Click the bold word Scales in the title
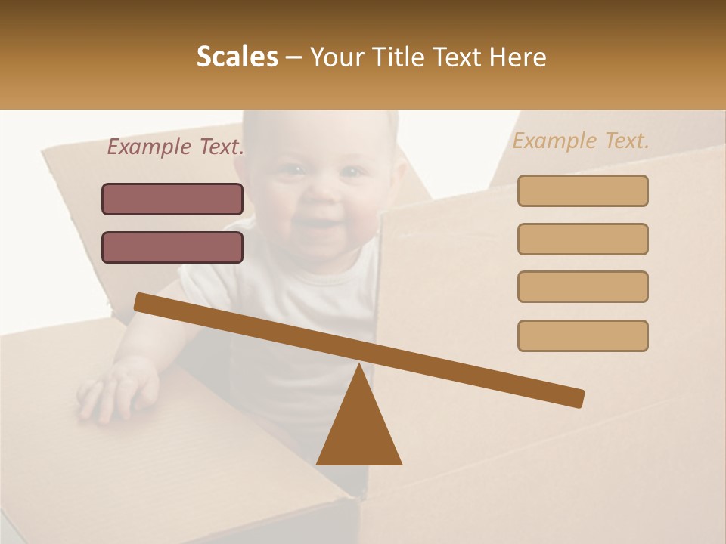point(237,57)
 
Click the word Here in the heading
point(517,57)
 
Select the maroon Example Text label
point(175,147)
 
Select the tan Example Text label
point(581,141)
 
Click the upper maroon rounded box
point(172,199)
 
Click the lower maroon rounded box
point(172,247)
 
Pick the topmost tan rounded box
point(582,190)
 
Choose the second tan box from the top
point(582,239)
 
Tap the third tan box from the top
point(582,286)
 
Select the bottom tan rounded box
point(582,335)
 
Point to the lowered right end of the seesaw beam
point(576,398)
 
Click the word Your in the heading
point(335,57)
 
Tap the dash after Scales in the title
point(294,57)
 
